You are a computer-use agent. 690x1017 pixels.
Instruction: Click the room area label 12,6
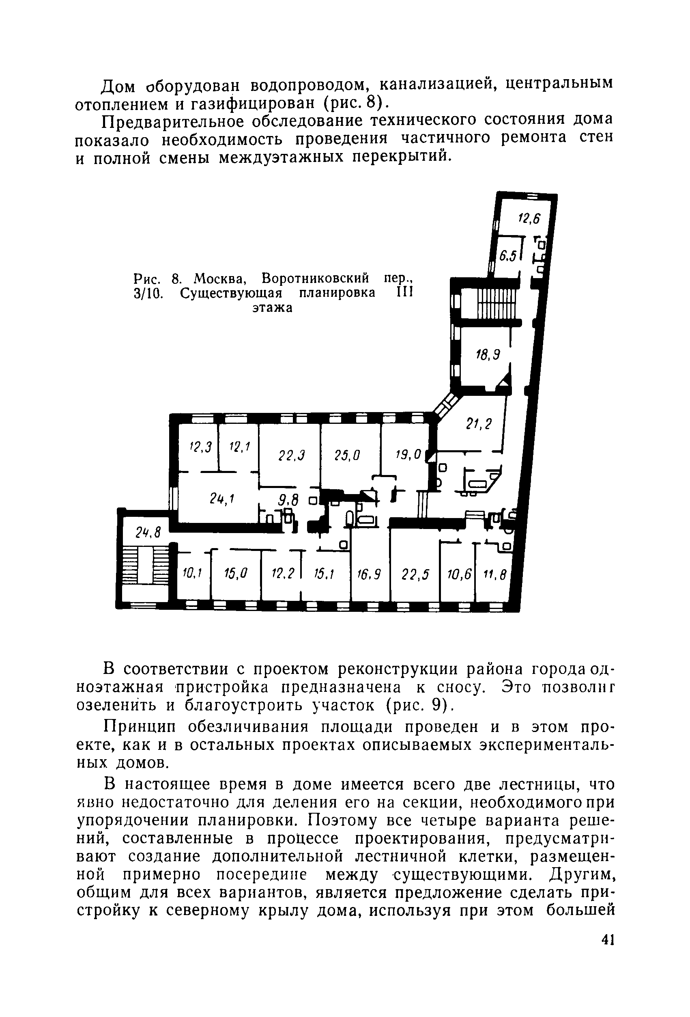click(x=529, y=218)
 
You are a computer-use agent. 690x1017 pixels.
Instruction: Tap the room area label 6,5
click(x=508, y=255)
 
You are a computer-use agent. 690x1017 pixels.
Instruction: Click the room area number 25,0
click(x=347, y=456)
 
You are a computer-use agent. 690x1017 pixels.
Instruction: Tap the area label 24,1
click(x=222, y=499)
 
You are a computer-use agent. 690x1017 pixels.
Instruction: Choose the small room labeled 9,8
click(x=288, y=500)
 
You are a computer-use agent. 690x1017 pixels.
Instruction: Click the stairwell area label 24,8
click(x=148, y=533)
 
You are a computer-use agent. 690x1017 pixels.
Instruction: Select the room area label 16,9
click(x=369, y=574)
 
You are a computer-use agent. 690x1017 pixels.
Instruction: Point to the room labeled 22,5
click(x=415, y=574)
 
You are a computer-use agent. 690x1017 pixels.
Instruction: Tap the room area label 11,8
click(x=494, y=574)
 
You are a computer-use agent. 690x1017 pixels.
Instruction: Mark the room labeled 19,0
click(x=408, y=455)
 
